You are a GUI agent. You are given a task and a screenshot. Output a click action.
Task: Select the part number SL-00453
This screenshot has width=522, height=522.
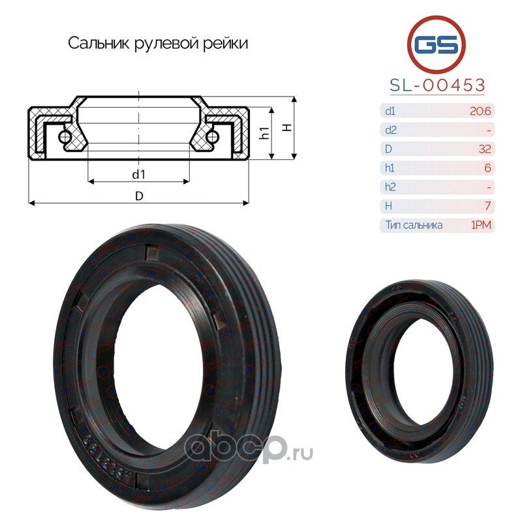pyautogui.click(x=437, y=85)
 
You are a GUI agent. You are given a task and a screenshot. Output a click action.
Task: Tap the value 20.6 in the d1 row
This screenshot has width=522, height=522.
pyautogui.click(x=480, y=111)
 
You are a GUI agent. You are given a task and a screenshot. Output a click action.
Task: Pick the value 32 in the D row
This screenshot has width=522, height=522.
pyautogui.click(x=485, y=149)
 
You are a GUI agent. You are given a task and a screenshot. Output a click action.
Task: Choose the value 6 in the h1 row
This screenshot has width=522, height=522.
pyautogui.click(x=487, y=168)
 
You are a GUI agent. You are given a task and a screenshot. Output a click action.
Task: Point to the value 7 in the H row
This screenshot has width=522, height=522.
pyautogui.click(x=488, y=206)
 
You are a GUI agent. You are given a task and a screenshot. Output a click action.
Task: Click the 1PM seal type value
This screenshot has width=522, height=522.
pyautogui.click(x=481, y=225)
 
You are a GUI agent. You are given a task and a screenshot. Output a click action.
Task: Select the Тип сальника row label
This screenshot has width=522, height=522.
pyautogui.click(x=414, y=225)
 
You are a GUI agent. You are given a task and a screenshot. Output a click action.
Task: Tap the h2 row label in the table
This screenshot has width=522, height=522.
pyautogui.click(x=390, y=187)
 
